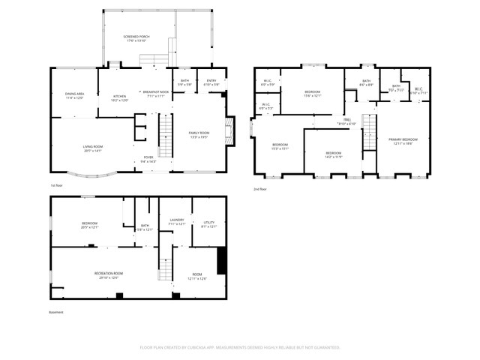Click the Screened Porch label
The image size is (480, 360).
[x=136, y=36]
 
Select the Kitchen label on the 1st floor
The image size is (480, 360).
[x=119, y=96]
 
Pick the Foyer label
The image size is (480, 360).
[x=148, y=157]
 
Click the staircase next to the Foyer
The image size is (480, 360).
[x=165, y=135]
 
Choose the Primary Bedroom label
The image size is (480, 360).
[x=403, y=139]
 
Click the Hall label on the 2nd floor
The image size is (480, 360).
[x=348, y=119]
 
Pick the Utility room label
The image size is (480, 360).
[x=209, y=222]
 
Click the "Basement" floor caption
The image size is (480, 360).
[x=57, y=313]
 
